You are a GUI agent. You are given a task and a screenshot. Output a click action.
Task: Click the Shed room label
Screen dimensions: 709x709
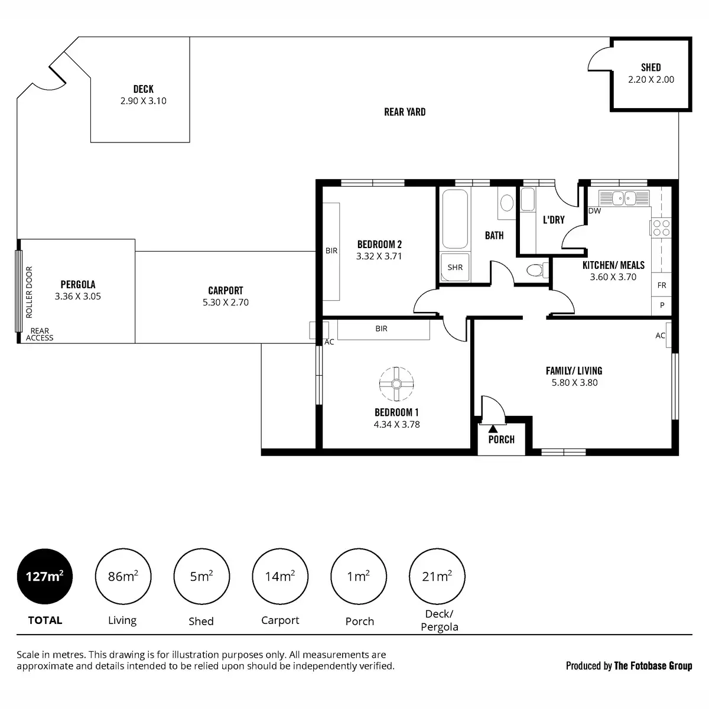tap(651, 67)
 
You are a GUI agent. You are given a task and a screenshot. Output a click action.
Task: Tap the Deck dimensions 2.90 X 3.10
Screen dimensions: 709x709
tap(143, 101)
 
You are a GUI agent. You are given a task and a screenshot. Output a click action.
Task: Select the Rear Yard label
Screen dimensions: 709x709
tap(405, 112)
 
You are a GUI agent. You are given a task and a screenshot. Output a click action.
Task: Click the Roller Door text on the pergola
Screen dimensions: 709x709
tap(30, 292)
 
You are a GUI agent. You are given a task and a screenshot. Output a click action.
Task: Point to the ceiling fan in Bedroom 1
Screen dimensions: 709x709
tap(396, 384)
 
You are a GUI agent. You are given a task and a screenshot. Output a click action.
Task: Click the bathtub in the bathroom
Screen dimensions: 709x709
tap(455, 219)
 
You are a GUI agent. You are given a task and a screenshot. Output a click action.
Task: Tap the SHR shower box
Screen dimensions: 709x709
tap(455, 267)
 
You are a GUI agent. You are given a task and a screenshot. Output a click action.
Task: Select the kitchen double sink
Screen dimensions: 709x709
tap(623, 198)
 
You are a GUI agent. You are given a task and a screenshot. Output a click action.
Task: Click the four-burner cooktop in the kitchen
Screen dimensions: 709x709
tap(661, 227)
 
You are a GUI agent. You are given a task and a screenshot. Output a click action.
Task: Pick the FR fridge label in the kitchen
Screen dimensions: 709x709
tap(662, 285)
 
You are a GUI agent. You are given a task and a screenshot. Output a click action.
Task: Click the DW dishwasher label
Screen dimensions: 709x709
tap(594, 211)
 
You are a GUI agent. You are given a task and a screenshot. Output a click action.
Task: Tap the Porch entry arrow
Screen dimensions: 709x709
tap(493, 428)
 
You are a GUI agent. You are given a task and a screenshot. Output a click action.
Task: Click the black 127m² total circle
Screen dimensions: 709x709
tap(45, 576)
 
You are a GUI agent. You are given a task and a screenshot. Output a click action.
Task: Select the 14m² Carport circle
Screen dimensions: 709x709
tap(280, 576)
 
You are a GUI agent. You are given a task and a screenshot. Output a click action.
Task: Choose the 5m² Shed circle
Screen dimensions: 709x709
tap(201, 576)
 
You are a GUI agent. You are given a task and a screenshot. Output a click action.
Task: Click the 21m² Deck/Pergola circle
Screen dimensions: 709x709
tap(437, 576)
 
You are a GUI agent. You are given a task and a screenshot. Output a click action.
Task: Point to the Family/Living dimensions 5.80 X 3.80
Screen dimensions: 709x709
tap(574, 383)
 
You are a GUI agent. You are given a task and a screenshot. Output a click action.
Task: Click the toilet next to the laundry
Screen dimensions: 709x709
tap(536, 271)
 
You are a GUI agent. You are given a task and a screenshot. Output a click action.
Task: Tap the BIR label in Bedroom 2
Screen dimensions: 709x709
tap(331, 251)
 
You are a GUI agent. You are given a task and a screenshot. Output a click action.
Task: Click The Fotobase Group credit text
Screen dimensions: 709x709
tap(653, 666)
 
